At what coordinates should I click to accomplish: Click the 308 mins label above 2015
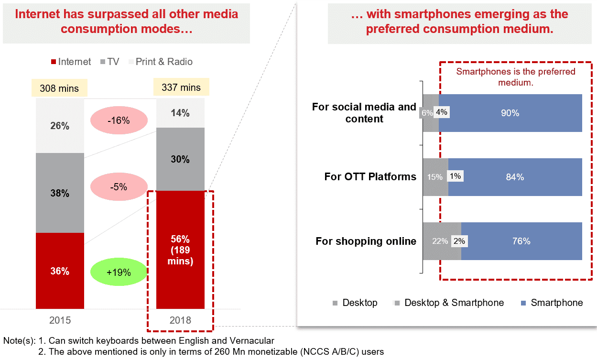pos(59,88)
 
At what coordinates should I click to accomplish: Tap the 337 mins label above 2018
pos(181,88)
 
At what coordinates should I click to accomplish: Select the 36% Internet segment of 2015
pos(60,271)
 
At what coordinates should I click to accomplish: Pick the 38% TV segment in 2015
pos(60,193)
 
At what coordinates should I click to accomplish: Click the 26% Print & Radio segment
pos(60,126)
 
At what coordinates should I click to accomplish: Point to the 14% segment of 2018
pos(180,113)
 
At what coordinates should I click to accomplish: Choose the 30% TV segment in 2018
pos(180,159)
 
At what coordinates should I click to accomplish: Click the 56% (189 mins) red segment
pos(180,250)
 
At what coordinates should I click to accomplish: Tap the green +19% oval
pos(118,273)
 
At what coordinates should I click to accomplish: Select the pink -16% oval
pos(118,120)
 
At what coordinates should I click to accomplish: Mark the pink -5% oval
pos(118,187)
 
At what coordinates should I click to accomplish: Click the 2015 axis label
pos(60,320)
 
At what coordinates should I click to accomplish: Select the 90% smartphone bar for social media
pos(510,113)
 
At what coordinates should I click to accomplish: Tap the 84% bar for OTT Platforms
pos(515,177)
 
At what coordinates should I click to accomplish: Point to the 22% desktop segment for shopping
pos(440,241)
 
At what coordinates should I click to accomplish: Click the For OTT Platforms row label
pos(370,177)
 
